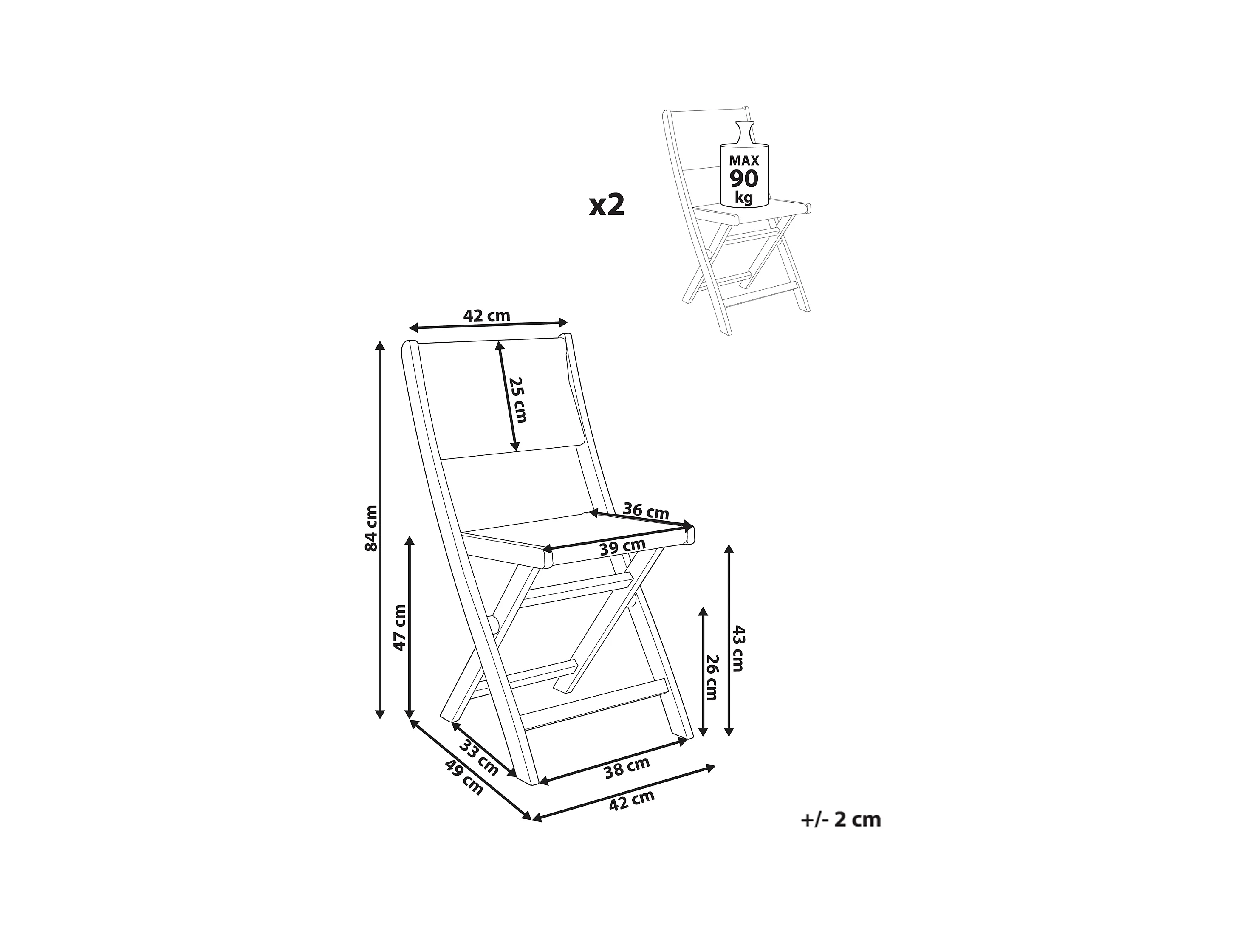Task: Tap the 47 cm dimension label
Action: coord(399,627)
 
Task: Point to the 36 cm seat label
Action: coord(646,511)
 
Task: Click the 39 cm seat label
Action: coord(622,547)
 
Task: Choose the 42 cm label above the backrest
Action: coord(487,316)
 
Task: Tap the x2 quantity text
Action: coord(607,206)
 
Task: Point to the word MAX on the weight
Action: coord(744,161)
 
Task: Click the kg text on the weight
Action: coord(744,198)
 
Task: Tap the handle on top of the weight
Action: coord(744,133)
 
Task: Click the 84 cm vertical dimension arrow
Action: coord(380,530)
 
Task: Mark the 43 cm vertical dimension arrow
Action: coord(729,640)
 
